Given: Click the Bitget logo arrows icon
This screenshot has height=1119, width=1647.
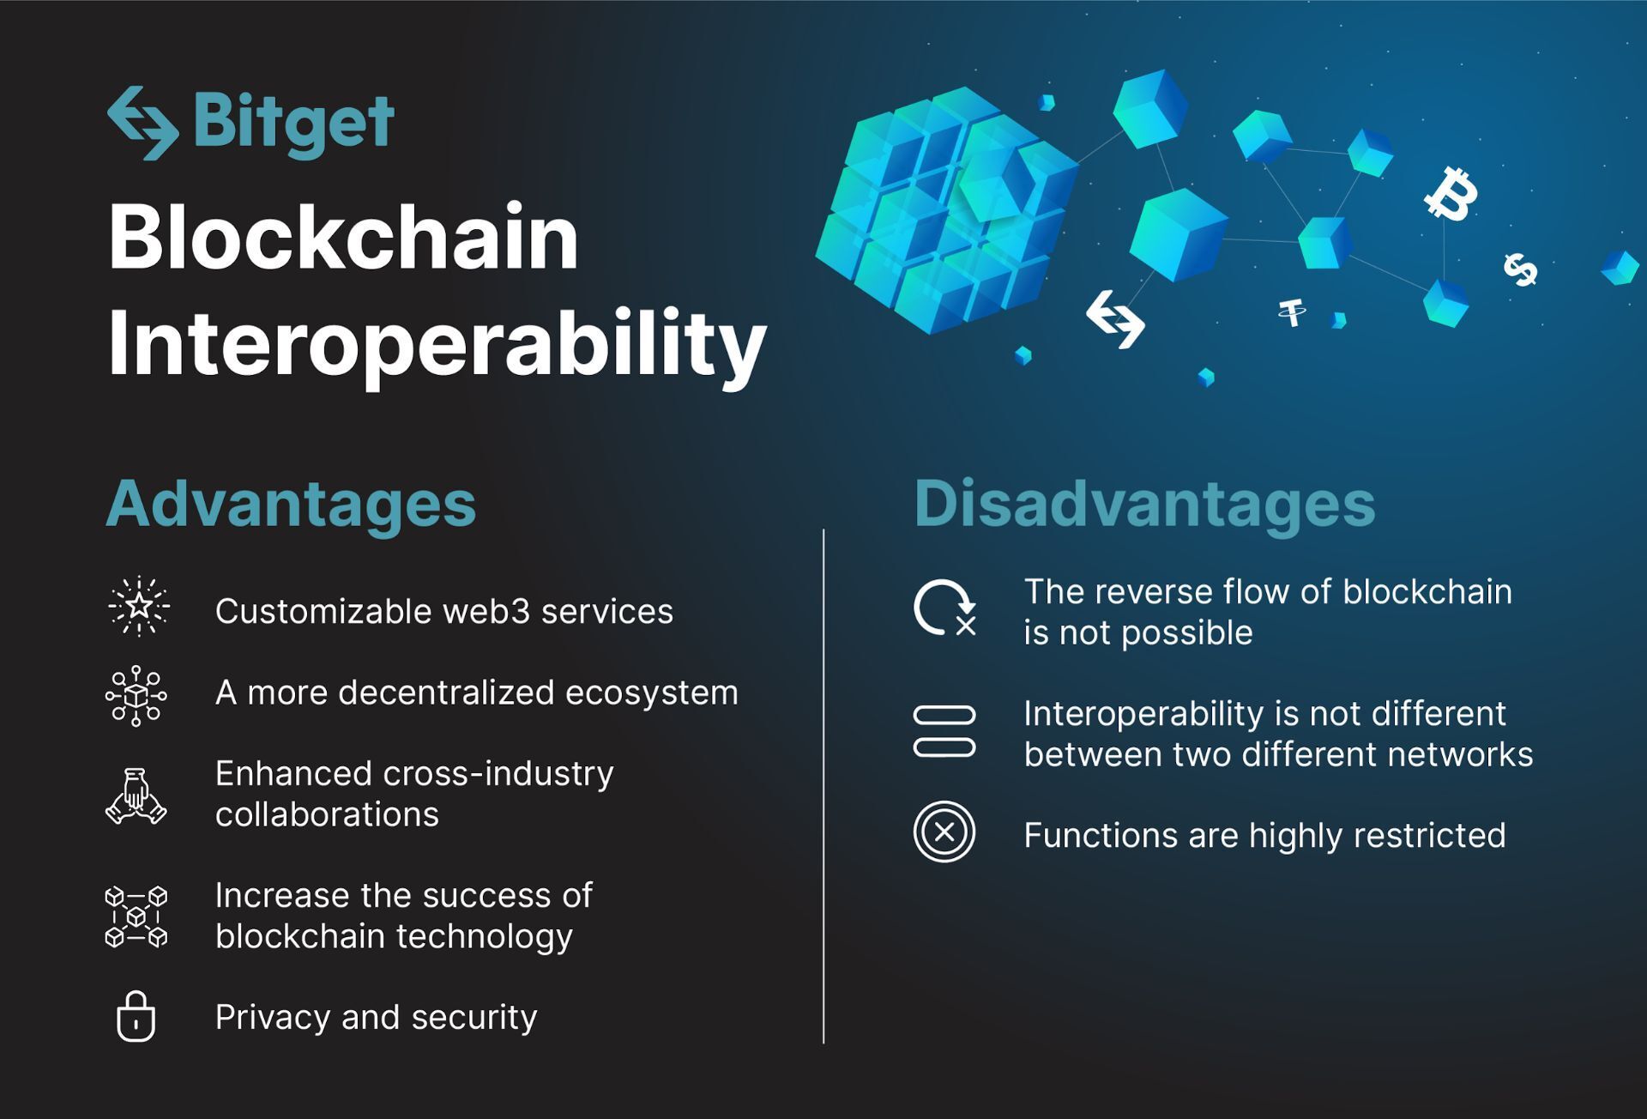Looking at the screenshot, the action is [143, 123].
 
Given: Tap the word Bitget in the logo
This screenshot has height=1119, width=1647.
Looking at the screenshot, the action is [294, 124].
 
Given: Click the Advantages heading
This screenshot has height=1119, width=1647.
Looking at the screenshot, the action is [291, 504].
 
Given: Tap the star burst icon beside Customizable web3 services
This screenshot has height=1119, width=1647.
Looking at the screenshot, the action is [138, 607].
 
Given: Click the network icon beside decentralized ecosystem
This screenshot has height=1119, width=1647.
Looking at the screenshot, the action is [136, 696].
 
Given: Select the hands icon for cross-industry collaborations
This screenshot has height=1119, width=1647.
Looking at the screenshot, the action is [136, 795].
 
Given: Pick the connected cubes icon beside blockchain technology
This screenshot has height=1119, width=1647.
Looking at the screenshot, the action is [136, 916].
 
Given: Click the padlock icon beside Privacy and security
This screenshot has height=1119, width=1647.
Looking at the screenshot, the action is [136, 1016].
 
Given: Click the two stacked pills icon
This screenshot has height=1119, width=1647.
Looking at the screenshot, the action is [944, 731].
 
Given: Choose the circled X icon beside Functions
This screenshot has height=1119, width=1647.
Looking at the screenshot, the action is [944, 832].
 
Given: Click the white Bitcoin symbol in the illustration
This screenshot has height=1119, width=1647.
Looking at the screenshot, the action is [1451, 193].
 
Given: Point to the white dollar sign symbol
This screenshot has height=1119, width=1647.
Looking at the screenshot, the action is [1521, 269].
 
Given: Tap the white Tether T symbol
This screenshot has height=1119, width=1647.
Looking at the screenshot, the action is [1292, 312].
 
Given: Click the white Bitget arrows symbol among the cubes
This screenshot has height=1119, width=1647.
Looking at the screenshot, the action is [1115, 319].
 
